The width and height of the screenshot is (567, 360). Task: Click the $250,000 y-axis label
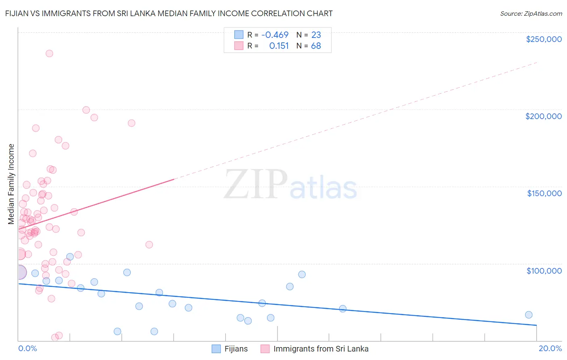click(x=544, y=39)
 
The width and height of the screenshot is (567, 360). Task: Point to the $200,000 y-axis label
click(x=543, y=116)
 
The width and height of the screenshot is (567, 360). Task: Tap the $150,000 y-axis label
click(x=544, y=193)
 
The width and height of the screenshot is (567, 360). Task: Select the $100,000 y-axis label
click(x=544, y=270)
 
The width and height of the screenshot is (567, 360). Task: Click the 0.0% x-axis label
click(x=27, y=348)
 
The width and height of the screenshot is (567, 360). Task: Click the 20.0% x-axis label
click(x=550, y=348)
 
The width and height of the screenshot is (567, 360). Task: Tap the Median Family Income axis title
click(x=11, y=184)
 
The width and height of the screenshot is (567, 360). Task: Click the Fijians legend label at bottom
click(x=236, y=349)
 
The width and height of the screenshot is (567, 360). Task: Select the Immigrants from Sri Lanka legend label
click(x=321, y=349)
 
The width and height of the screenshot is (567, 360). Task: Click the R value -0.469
click(x=275, y=35)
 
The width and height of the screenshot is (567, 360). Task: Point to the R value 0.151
click(x=279, y=46)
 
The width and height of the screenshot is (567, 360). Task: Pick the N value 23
click(x=316, y=35)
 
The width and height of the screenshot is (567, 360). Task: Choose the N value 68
click(x=316, y=46)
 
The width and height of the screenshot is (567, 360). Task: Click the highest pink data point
click(x=49, y=53)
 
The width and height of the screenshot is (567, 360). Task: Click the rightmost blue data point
click(x=529, y=315)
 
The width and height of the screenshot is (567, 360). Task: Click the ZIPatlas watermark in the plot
click(x=290, y=185)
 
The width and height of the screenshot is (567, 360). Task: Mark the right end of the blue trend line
click(x=536, y=325)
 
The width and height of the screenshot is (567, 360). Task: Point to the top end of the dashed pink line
click(x=537, y=63)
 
